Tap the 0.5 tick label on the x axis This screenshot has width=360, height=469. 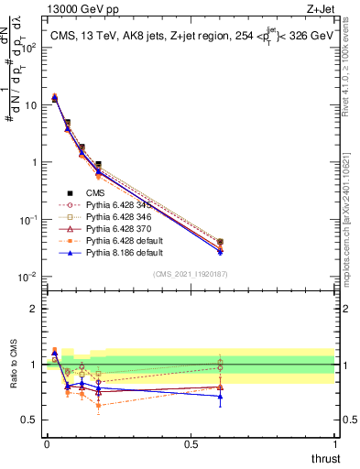point(191,443)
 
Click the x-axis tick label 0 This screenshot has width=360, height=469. point(47,443)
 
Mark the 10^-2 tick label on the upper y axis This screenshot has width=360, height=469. point(29,277)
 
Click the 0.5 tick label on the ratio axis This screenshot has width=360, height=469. point(32,420)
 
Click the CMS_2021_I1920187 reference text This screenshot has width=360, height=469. point(190,274)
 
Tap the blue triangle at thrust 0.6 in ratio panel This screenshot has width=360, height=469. point(220,396)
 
